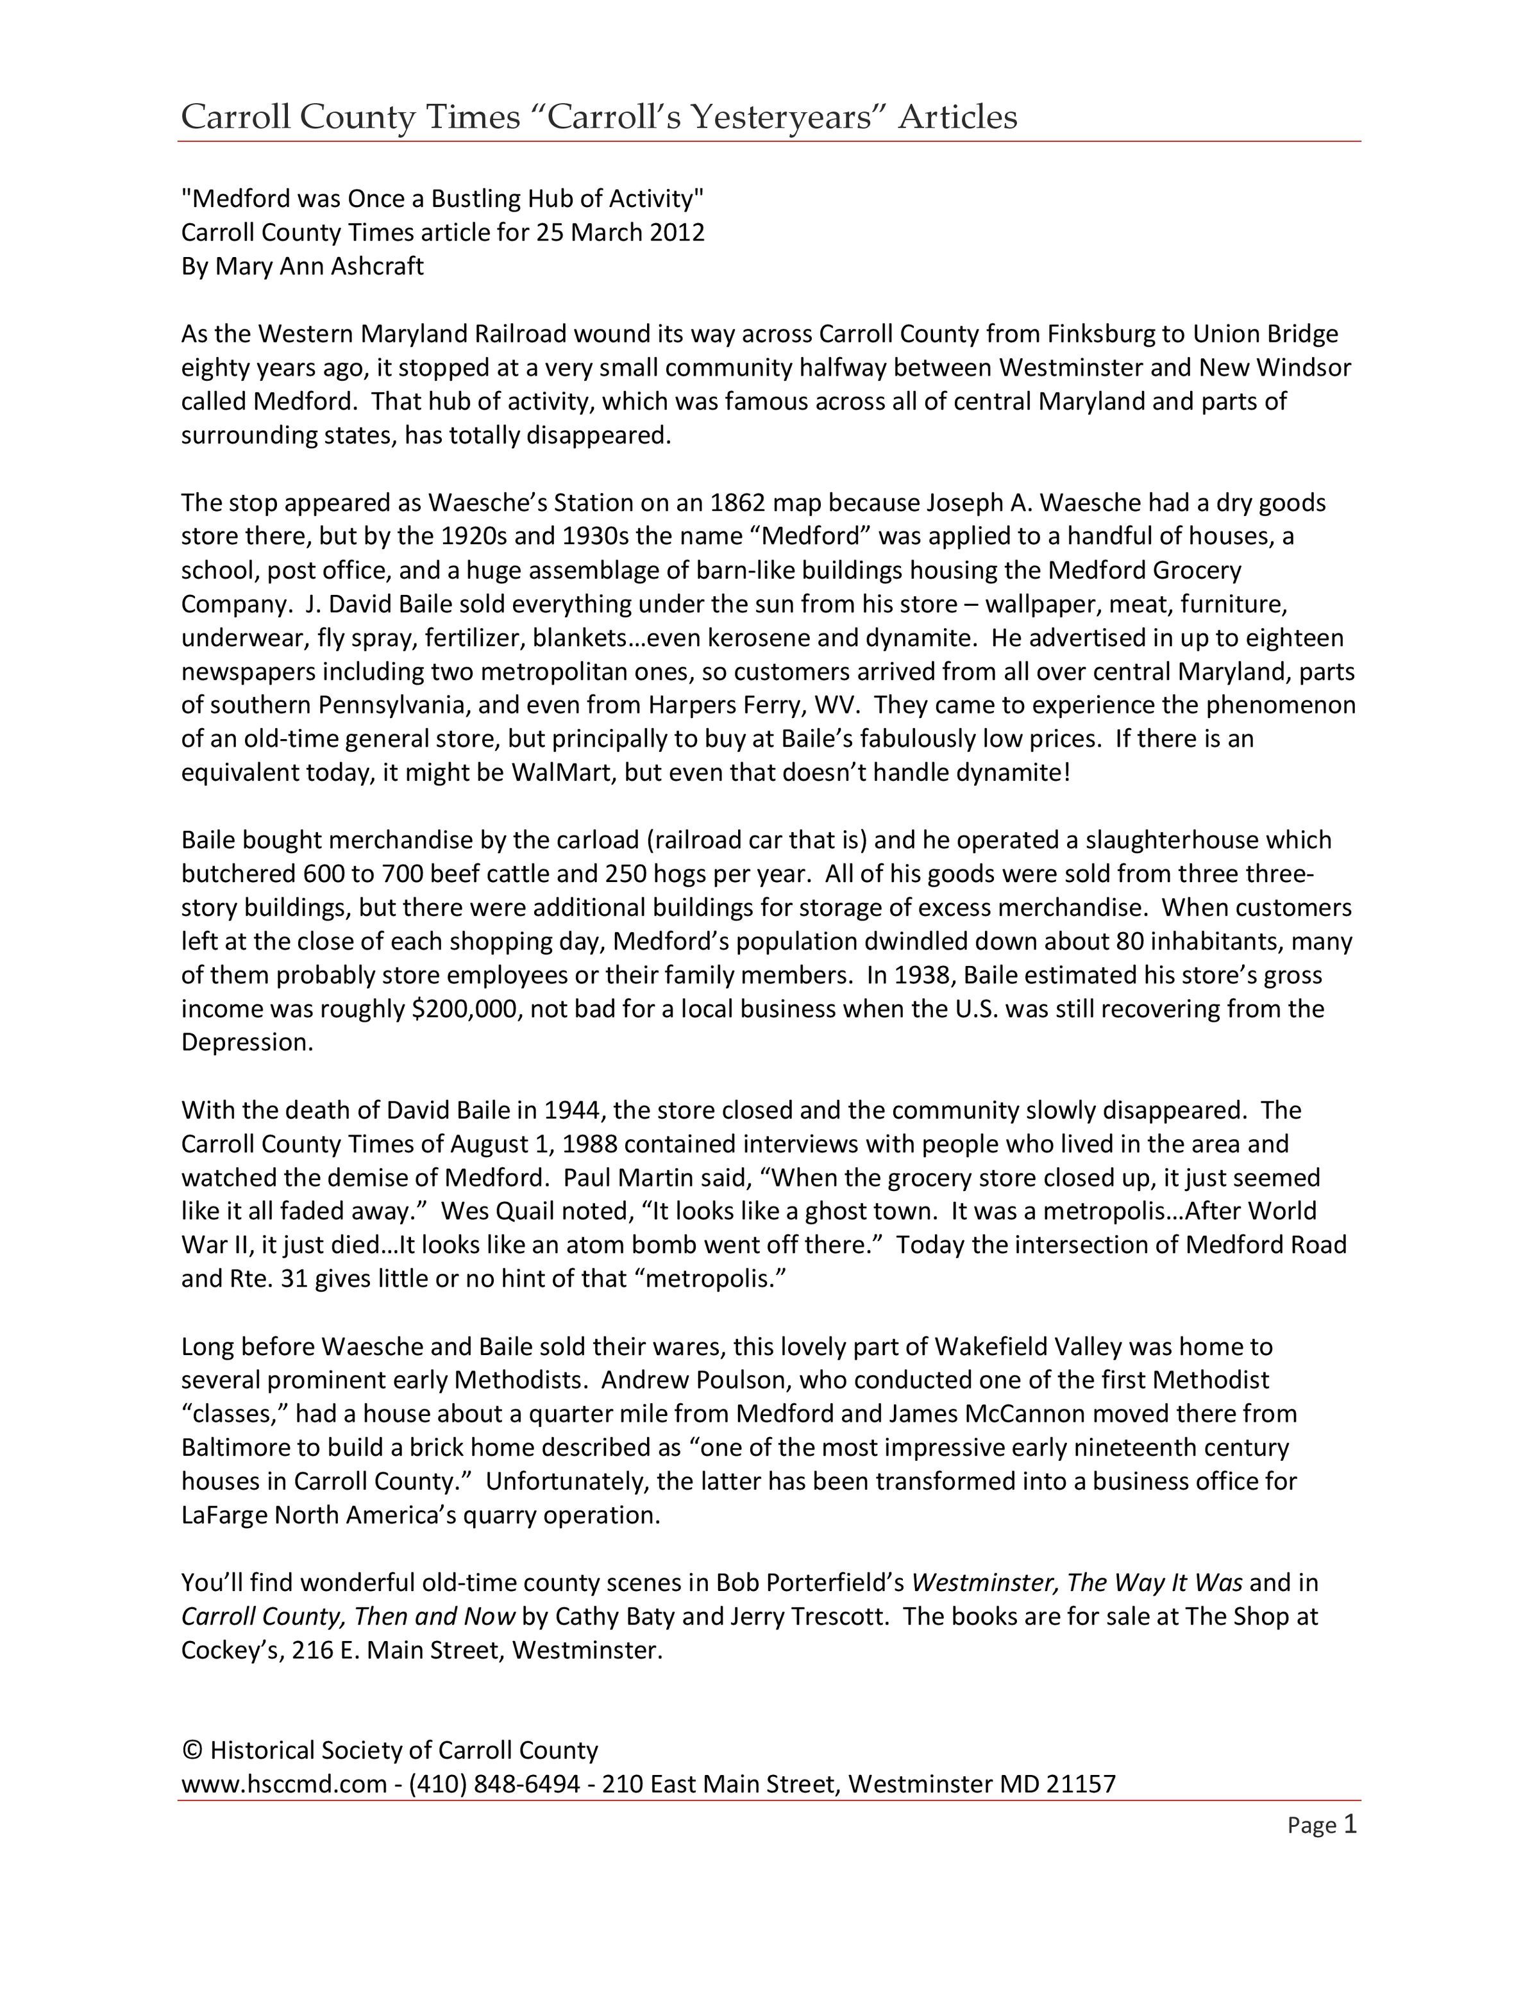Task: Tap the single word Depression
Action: coord(246,1042)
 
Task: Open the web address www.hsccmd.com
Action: coord(283,1784)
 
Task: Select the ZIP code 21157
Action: coord(1081,1784)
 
